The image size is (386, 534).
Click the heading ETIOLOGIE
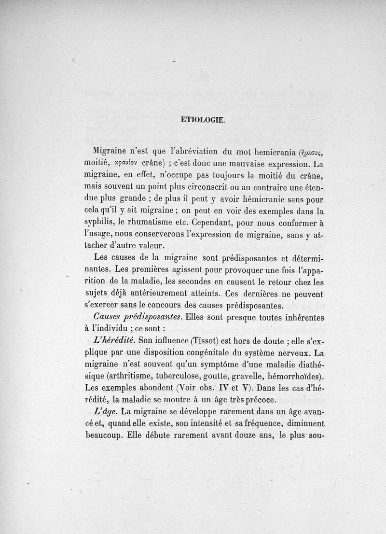pos(203,120)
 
